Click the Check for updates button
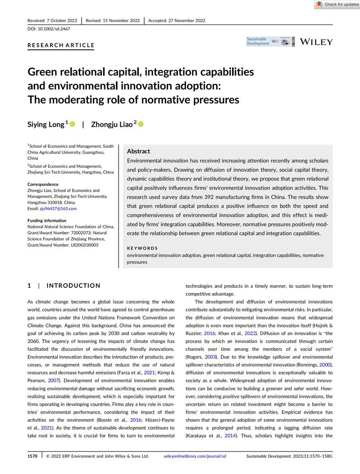[x=337, y=5]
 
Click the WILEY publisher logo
[x=316, y=42]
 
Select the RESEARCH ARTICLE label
[x=61, y=45]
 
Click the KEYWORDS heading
[x=142, y=248]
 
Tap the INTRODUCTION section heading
[x=73, y=285]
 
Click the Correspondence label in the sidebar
[x=43, y=184]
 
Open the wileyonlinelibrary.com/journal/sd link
[x=195, y=456]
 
